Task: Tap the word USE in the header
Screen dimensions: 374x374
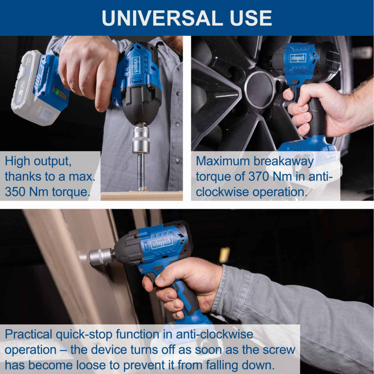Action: (251, 18)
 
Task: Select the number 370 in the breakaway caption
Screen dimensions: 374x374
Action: (258, 177)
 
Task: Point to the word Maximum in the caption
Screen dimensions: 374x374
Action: (223, 161)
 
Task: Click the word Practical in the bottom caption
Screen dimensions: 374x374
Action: (28, 334)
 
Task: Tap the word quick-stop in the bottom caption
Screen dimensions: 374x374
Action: (84, 335)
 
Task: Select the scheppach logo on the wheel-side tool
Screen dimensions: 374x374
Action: (298, 58)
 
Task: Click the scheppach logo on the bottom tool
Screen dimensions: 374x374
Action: (162, 243)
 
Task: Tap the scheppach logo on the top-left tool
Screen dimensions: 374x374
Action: (136, 65)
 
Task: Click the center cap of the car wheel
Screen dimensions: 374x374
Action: (260, 90)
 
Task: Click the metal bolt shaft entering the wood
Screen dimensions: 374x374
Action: (141, 172)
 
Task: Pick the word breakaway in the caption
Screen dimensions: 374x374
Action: (283, 162)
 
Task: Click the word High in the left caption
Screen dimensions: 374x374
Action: (17, 161)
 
